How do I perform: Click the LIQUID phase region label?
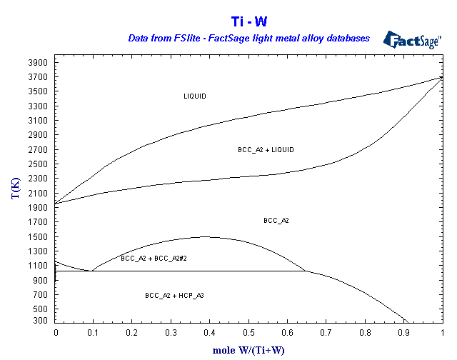tap(195, 96)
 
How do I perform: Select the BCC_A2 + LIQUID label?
tap(266, 150)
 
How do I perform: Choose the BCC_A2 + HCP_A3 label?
tap(175, 295)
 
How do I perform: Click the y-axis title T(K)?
tap(14, 190)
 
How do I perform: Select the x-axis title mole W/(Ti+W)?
tap(248, 350)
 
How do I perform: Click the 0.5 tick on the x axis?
tap(249, 333)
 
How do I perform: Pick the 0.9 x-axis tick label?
tap(404, 333)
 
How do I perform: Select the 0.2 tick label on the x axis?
tap(134, 333)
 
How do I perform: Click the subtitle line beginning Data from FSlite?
tap(248, 38)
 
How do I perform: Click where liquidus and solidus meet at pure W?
tap(443, 76)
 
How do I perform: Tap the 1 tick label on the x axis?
tap(443, 333)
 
